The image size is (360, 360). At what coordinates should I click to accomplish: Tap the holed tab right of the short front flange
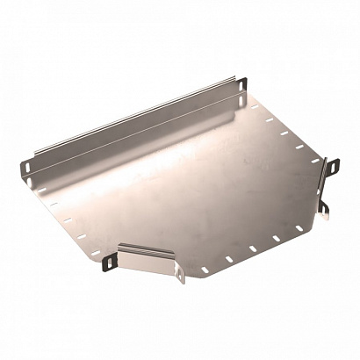[181, 276]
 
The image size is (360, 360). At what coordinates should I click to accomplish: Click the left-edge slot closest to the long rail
[43, 186]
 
